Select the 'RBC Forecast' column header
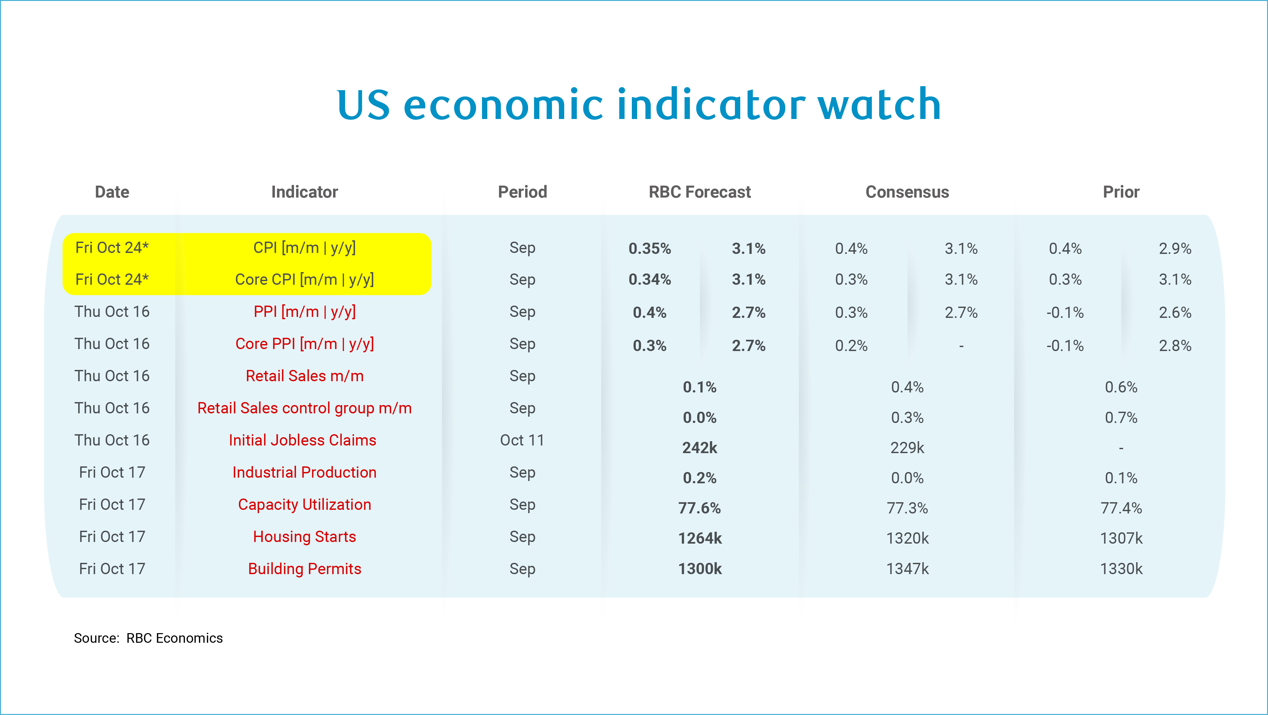(699, 192)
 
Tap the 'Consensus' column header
(907, 192)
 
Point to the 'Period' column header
(522, 192)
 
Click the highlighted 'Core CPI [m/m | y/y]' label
(305, 279)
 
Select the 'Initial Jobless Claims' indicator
(302, 440)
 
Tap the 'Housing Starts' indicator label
(304, 536)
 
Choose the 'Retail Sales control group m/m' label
(304, 408)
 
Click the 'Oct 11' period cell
(522, 440)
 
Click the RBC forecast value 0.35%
(650, 249)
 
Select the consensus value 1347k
(907, 569)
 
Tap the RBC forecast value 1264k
(699, 538)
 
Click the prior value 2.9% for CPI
(1175, 249)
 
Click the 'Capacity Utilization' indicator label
(304, 505)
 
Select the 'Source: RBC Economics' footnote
(148, 638)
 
